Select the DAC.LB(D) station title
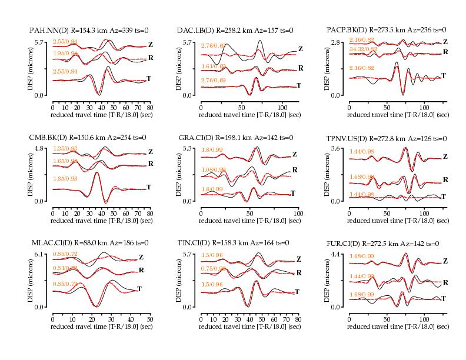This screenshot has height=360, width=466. [235, 30]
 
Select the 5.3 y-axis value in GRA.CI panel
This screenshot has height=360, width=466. [189, 149]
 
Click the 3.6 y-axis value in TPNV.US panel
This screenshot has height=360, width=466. [338, 149]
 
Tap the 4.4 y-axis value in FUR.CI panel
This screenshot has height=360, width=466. [338, 254]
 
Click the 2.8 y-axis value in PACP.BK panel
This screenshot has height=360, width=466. [338, 42]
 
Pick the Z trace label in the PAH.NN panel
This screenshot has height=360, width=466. [151, 44]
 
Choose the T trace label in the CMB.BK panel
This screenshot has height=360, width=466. [149, 187]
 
